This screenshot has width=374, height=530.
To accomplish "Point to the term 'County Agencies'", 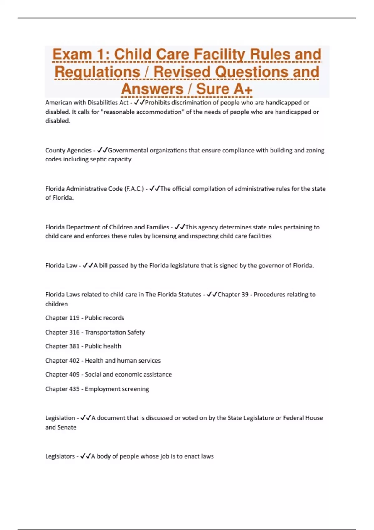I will click(68, 150).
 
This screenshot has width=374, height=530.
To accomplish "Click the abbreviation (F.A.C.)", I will click(134, 189).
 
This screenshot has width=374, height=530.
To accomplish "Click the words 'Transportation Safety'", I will click(115, 332).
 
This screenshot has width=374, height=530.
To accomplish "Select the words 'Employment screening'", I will click(117, 389).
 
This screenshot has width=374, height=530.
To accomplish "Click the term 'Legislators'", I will click(60, 456).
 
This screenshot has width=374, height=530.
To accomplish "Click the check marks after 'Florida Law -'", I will click(88, 266).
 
